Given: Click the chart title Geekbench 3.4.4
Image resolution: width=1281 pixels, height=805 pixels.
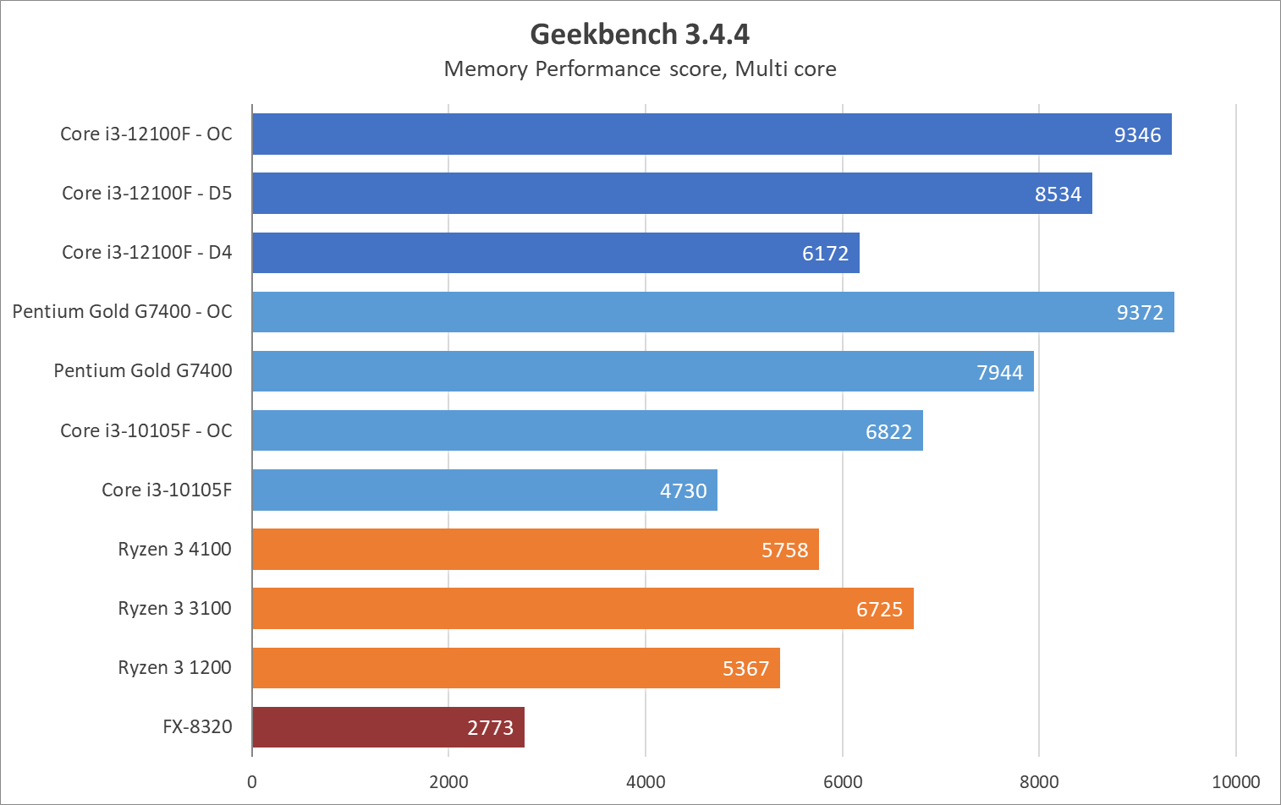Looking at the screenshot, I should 640,34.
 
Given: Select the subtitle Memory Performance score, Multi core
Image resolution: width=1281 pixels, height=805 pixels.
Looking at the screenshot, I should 640,68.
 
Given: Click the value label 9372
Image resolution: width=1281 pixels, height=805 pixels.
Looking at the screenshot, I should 1140,313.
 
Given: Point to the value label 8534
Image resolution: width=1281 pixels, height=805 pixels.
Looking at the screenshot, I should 1058,194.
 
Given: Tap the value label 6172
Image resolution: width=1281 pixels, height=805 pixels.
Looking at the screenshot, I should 825,254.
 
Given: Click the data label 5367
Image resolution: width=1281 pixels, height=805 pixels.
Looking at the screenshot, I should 745,669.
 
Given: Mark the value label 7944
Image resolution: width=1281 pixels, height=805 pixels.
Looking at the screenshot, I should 999,372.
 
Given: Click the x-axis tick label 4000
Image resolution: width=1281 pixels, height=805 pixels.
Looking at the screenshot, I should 646,782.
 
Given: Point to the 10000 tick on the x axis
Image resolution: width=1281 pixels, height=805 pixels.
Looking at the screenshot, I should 1236,782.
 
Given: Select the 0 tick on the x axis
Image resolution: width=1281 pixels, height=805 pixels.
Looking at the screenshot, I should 252,782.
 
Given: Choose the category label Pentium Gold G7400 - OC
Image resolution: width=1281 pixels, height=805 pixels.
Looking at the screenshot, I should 122,311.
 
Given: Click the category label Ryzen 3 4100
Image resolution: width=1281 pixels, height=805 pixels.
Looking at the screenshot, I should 174,549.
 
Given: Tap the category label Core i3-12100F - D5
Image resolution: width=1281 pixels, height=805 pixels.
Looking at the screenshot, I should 146,193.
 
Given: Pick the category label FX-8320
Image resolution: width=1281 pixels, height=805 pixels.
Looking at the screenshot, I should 197,726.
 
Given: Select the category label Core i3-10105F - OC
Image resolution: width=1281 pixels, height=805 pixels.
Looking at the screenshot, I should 146,430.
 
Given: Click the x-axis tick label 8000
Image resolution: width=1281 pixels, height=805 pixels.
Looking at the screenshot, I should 1039,782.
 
